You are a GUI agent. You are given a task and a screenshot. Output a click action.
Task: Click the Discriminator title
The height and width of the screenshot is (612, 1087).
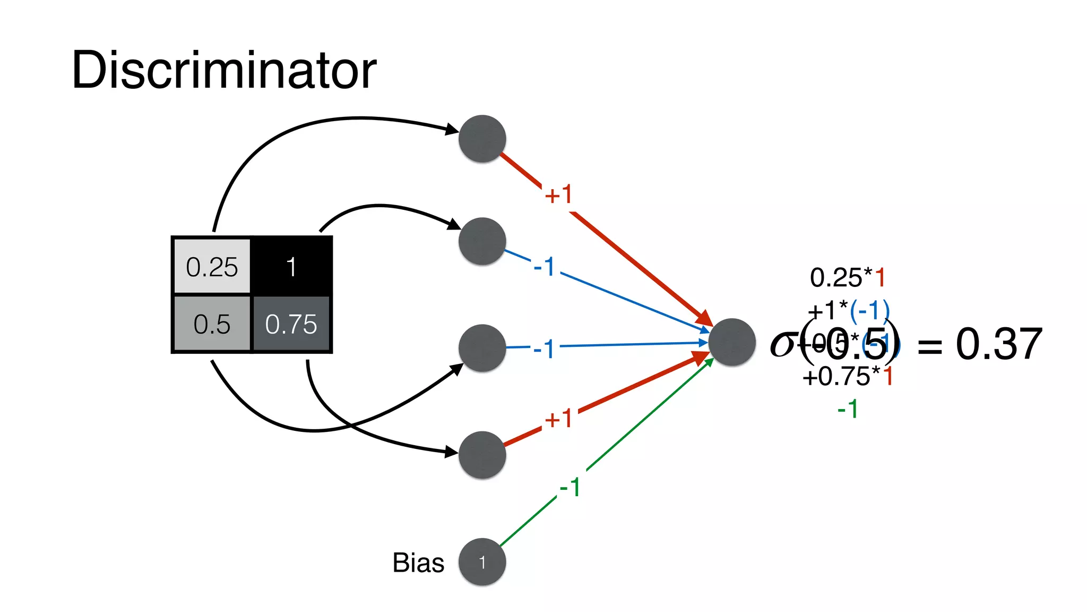223,71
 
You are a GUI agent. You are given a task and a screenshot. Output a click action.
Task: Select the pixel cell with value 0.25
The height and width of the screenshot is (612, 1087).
212,266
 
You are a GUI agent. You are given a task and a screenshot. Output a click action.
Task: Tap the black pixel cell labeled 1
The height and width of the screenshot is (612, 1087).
291,266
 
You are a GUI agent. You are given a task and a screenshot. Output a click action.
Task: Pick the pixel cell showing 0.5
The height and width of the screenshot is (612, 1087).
212,324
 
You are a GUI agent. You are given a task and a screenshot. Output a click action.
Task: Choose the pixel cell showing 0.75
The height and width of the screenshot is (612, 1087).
291,324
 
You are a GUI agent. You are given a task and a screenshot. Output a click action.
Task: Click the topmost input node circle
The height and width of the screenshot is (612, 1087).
482,139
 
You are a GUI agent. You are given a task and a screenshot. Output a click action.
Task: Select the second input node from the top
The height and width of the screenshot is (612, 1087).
482,241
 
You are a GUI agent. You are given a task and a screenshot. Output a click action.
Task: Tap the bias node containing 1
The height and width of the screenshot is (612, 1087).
482,562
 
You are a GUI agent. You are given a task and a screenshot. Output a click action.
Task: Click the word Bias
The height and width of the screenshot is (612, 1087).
418,563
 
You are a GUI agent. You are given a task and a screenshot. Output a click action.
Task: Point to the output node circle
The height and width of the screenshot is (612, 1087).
732,342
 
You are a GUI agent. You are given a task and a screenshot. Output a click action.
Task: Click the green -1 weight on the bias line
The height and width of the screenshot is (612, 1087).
570,487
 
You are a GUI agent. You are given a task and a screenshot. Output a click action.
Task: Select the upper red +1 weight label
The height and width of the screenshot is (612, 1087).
558,194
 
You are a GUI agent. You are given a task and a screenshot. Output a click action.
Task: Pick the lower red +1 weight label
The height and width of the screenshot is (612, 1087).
558,419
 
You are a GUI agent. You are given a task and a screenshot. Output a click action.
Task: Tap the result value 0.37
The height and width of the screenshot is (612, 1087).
999,344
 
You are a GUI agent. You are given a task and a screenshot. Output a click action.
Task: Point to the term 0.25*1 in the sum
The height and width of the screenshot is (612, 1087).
848,277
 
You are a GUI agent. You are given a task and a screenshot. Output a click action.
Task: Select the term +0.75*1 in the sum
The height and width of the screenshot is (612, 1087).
848,377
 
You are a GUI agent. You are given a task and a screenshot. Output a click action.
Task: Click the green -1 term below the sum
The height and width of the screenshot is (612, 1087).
848,409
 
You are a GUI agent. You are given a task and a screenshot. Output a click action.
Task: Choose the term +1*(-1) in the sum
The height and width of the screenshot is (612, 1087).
848,311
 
